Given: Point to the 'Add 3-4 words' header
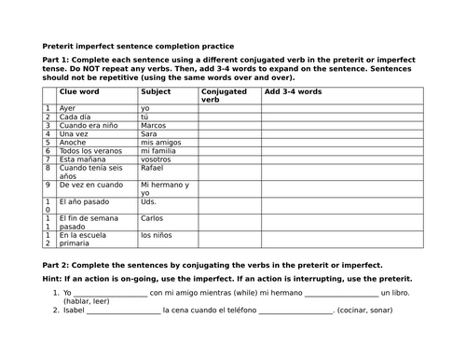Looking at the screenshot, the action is [x=294, y=92].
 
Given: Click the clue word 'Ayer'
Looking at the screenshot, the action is [x=67, y=108].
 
